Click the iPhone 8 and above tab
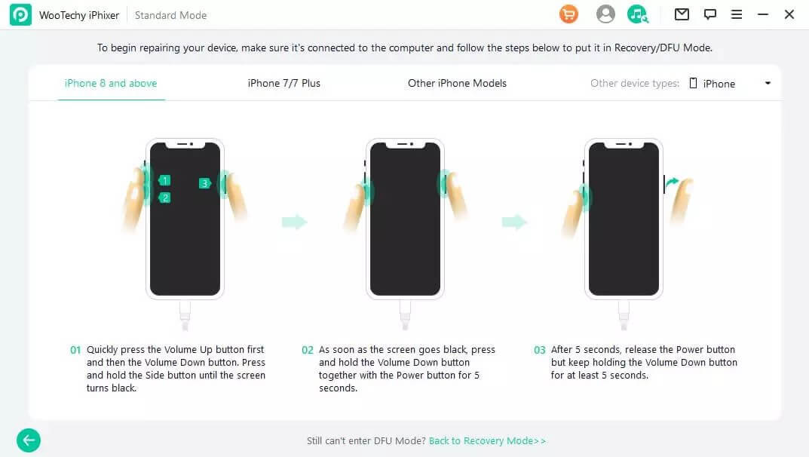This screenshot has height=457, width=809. click(110, 83)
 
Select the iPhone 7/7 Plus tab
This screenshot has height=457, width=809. click(283, 83)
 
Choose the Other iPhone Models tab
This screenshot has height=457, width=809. click(457, 83)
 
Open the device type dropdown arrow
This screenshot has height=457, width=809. click(768, 83)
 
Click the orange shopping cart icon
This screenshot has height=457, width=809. click(568, 14)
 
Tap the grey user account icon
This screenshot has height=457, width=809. click(605, 14)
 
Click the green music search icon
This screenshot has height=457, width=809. click(638, 14)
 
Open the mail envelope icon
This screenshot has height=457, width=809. click(682, 14)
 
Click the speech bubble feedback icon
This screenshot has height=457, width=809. click(710, 14)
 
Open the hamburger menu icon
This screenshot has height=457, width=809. click(737, 14)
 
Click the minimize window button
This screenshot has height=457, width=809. click(762, 14)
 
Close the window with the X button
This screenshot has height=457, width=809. click(789, 14)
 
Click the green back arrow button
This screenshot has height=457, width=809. click(29, 440)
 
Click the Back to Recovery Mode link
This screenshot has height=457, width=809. click(487, 440)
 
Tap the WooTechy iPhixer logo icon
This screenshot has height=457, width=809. click(20, 14)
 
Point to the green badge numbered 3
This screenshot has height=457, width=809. click(205, 183)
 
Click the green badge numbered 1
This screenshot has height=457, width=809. click(164, 180)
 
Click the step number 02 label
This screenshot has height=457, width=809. click(308, 350)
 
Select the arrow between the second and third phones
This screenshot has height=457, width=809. click(514, 222)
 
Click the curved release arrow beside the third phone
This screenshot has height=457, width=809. click(672, 182)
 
